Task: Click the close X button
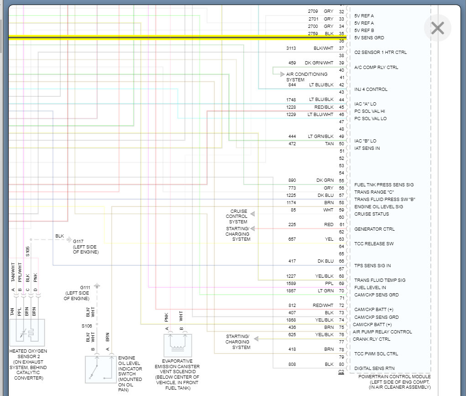click(437, 28)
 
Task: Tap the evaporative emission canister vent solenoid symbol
click(177, 345)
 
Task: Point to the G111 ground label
click(85, 287)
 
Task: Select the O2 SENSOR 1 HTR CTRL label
click(380, 53)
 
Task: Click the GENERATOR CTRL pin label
click(374, 229)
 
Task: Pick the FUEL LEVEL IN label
click(370, 287)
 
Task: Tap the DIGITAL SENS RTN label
click(374, 368)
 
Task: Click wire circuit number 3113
click(291, 48)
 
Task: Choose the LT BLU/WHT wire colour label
click(320, 114)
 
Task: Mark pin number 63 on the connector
click(341, 239)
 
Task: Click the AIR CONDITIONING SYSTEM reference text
click(307, 77)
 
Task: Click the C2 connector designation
click(341, 372)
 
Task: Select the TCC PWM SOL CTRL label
click(376, 354)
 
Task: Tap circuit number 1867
click(291, 290)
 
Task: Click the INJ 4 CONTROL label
click(371, 90)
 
